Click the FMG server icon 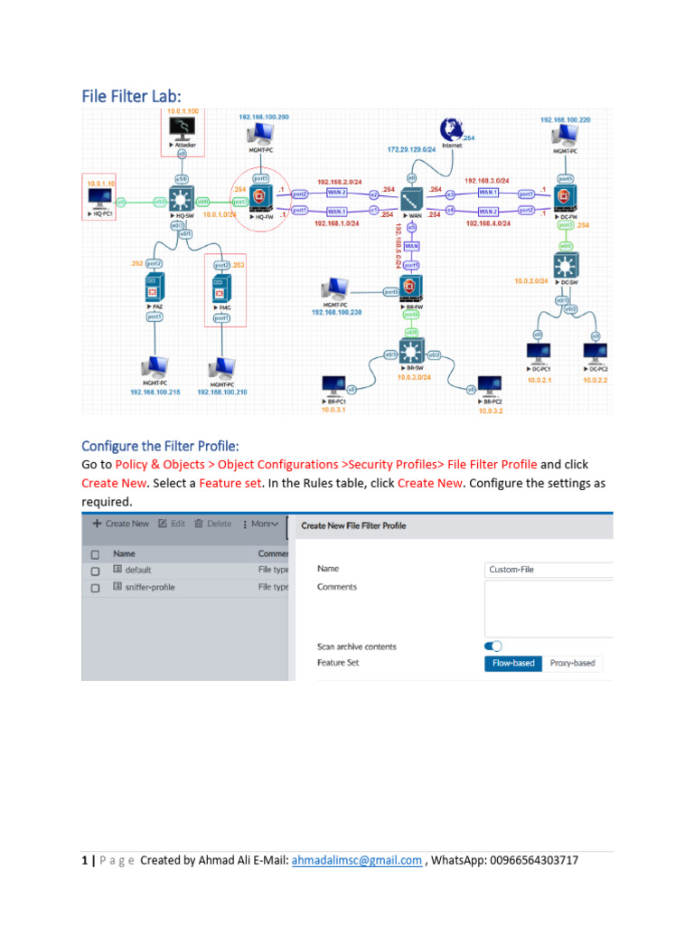pyautogui.click(x=221, y=290)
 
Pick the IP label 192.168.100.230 pyautogui.click(x=337, y=312)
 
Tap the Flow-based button pyautogui.click(x=514, y=663)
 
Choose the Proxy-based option pyautogui.click(x=573, y=663)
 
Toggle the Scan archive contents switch pyautogui.click(x=493, y=646)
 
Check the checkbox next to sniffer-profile pyautogui.click(x=95, y=587)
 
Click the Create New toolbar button pyautogui.click(x=121, y=524)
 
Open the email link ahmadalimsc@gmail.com pyautogui.click(x=356, y=860)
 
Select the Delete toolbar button pyautogui.click(x=212, y=524)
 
